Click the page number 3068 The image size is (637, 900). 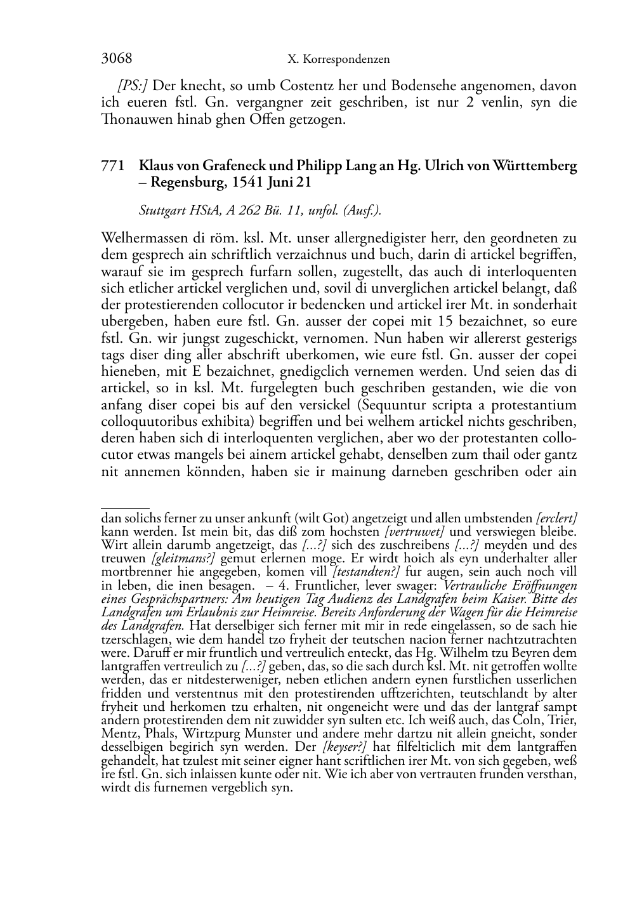click(116, 59)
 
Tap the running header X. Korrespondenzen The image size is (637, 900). click(338, 60)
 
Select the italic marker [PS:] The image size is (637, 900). click(133, 85)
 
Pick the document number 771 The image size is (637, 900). click(112, 166)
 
